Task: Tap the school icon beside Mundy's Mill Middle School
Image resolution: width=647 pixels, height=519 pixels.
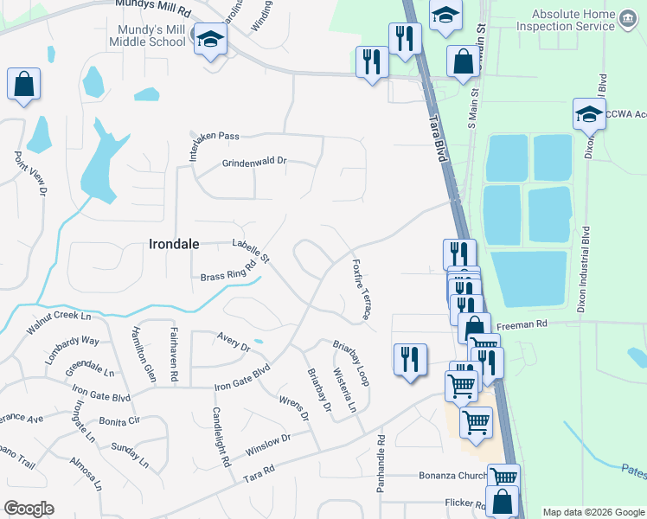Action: coord(209,39)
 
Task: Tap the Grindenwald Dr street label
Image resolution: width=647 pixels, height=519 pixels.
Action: coord(254,163)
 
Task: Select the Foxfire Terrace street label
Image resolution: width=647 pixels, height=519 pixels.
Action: coord(361,288)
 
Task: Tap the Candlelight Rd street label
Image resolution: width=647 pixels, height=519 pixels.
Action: coord(221,437)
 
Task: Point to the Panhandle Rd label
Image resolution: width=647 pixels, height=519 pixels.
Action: coord(381,464)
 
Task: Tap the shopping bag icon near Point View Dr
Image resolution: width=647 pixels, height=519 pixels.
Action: coord(23,85)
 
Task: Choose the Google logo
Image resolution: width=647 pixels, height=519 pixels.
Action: coord(29,509)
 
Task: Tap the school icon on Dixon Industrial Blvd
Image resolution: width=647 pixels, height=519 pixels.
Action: coord(589,113)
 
